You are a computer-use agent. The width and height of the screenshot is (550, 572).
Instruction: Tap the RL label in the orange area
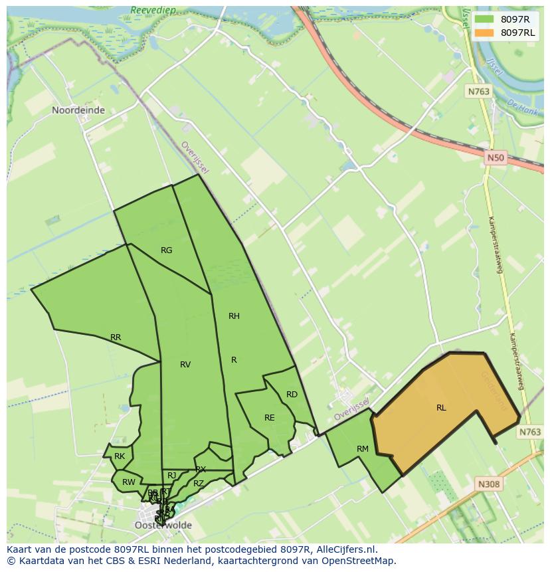441,408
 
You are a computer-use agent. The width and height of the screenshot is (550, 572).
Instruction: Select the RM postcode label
362,449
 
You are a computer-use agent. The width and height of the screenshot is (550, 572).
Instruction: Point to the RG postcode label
166,250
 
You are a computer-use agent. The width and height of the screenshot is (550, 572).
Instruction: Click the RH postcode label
234,316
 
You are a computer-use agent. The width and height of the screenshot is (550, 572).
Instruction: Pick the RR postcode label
116,337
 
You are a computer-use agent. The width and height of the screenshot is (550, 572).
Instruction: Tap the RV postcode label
185,365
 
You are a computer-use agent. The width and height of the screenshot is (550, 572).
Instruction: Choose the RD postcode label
292,395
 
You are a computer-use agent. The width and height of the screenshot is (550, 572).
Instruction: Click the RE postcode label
269,418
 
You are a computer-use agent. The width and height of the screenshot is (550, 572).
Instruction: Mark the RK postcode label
120,456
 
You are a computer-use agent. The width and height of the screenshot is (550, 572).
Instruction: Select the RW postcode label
129,482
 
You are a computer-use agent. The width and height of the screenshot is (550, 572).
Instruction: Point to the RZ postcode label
199,484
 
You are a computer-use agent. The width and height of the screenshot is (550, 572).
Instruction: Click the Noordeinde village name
78,110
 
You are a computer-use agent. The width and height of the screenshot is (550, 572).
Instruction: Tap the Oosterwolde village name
163,525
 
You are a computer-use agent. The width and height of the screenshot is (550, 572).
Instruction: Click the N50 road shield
495,158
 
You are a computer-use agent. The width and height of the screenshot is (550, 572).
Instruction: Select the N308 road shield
489,484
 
